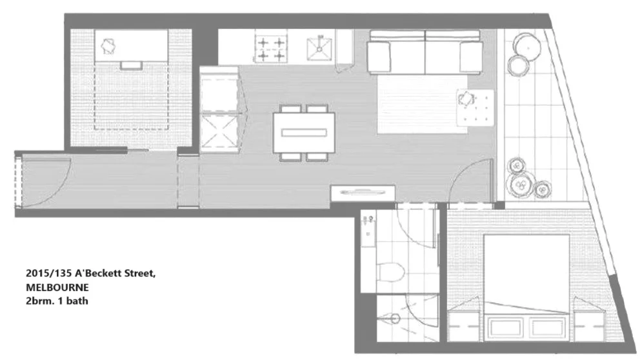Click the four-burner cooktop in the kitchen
(x=270, y=49)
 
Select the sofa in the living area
(x=425, y=52)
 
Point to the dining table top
(x=305, y=132)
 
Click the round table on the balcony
(x=527, y=45)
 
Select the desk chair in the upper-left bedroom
(x=109, y=45)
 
